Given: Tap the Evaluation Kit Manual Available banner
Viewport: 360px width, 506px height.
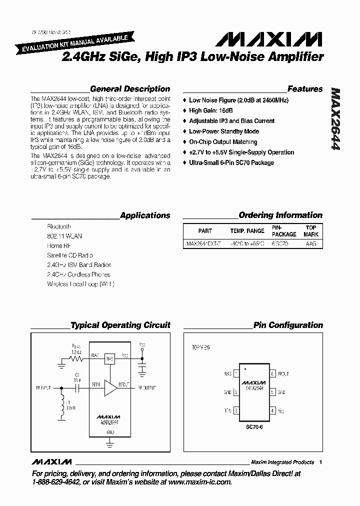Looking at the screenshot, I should (x=75, y=44).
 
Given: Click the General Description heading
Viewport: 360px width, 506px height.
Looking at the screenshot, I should (x=129, y=89).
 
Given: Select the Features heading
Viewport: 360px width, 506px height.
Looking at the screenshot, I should (x=305, y=89).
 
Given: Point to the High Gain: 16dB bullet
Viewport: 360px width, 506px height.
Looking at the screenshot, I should (x=210, y=110).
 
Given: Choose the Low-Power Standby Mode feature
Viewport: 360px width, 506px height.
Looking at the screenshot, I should (x=223, y=131).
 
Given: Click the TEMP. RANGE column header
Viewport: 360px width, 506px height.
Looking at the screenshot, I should (x=247, y=231).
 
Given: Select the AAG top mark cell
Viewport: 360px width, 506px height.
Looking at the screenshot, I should (x=311, y=244).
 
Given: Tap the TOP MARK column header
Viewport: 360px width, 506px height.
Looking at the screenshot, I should (x=311, y=231).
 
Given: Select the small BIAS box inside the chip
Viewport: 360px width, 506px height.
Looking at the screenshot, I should (x=110, y=359).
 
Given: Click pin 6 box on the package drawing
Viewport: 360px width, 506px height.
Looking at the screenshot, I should (x=272, y=374).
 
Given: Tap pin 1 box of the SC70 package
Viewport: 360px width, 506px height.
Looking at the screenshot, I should (x=236, y=374).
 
